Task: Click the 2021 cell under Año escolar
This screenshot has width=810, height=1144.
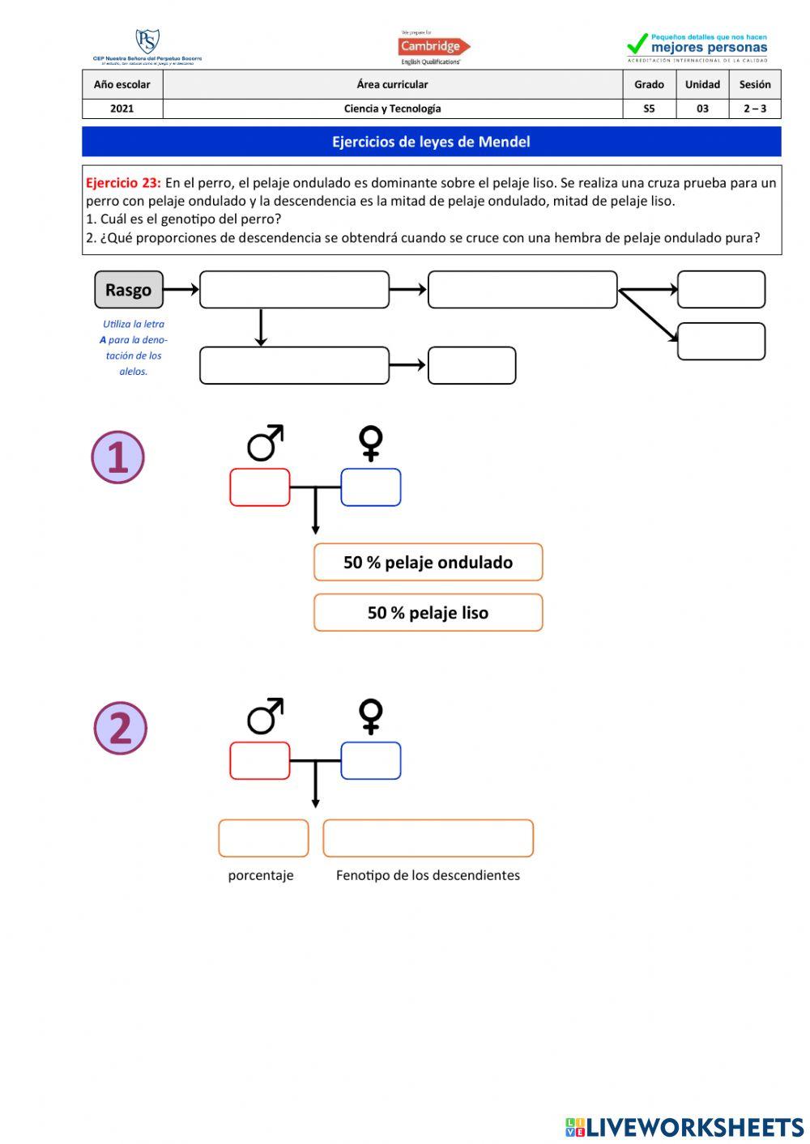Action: pyautogui.click(x=122, y=108)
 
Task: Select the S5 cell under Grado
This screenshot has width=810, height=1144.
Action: pyautogui.click(x=649, y=108)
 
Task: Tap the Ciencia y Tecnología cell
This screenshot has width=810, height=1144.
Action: pyautogui.click(x=392, y=108)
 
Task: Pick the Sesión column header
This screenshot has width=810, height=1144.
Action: pyautogui.click(x=754, y=84)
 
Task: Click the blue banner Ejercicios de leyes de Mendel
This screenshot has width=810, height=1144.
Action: pyautogui.click(x=431, y=142)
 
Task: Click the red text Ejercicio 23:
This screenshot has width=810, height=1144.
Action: pyautogui.click(x=123, y=183)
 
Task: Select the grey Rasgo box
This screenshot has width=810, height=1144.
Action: pyautogui.click(x=129, y=290)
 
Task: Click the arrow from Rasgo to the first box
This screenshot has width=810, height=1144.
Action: pyautogui.click(x=181, y=289)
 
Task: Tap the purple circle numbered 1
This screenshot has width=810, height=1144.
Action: pyautogui.click(x=118, y=457)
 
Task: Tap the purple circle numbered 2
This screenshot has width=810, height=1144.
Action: pyautogui.click(x=121, y=728)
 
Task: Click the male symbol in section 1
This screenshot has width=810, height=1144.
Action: pyautogui.click(x=265, y=443)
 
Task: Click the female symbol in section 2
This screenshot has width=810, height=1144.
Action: pyautogui.click(x=371, y=717)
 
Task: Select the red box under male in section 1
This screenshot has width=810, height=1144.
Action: pyautogui.click(x=260, y=487)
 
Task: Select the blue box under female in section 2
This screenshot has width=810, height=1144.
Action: pyautogui.click(x=371, y=761)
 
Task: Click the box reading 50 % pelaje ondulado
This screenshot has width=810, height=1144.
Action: pyautogui.click(x=428, y=562)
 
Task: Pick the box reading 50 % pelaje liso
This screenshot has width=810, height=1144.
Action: pyautogui.click(x=428, y=613)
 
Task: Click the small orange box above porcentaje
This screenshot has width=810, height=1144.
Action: pyautogui.click(x=263, y=838)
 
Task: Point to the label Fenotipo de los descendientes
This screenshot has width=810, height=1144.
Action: pyautogui.click(x=428, y=875)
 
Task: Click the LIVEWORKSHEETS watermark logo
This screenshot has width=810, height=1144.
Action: pyautogui.click(x=684, y=1127)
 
